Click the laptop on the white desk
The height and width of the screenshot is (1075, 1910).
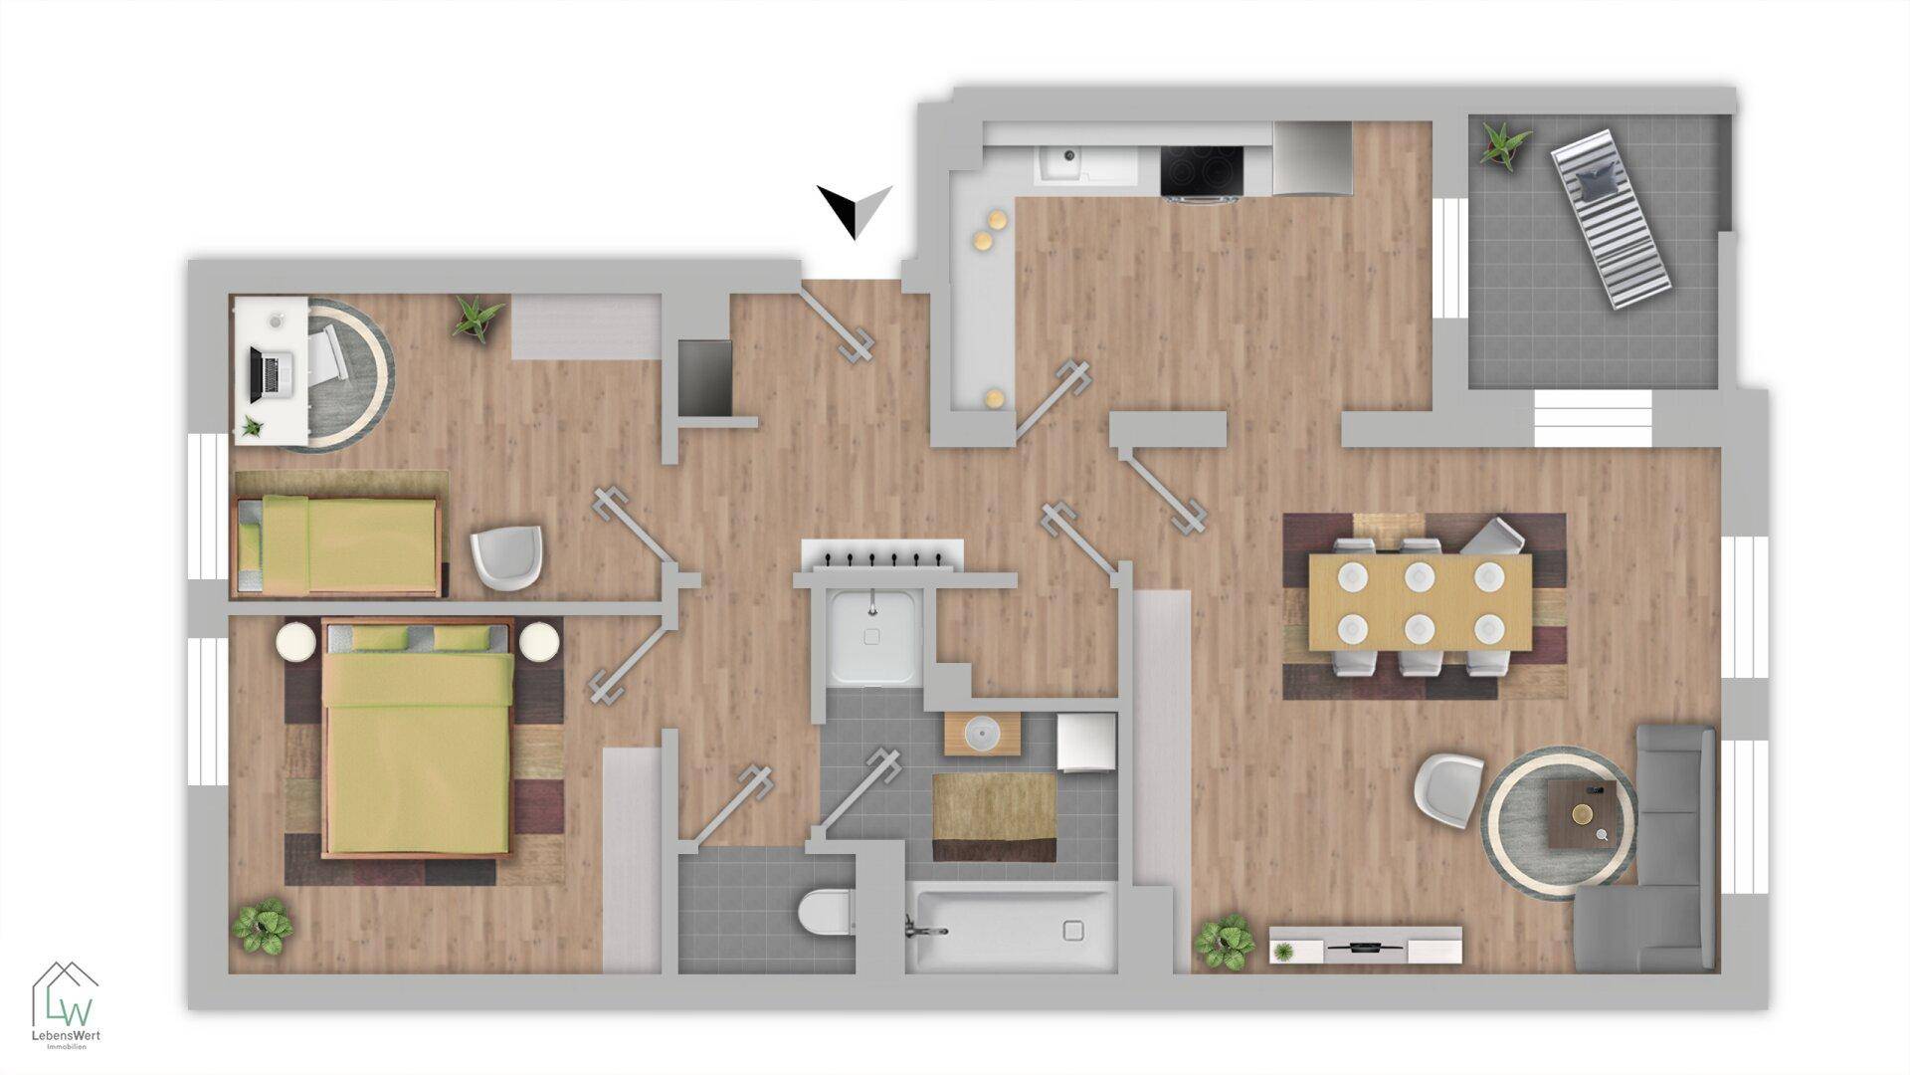(x=267, y=374)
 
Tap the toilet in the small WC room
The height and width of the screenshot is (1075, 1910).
(x=825, y=913)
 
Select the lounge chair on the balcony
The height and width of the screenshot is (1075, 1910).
(x=1611, y=221)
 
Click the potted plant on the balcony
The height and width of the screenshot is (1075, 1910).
(x=1503, y=145)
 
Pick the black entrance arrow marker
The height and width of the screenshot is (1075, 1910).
(x=855, y=211)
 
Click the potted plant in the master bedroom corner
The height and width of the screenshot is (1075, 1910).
(x=264, y=927)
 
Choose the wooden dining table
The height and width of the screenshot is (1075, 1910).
(x=1420, y=602)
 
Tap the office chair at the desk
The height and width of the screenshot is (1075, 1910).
(x=329, y=355)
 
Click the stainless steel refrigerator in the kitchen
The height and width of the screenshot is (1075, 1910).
(x=1313, y=159)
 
